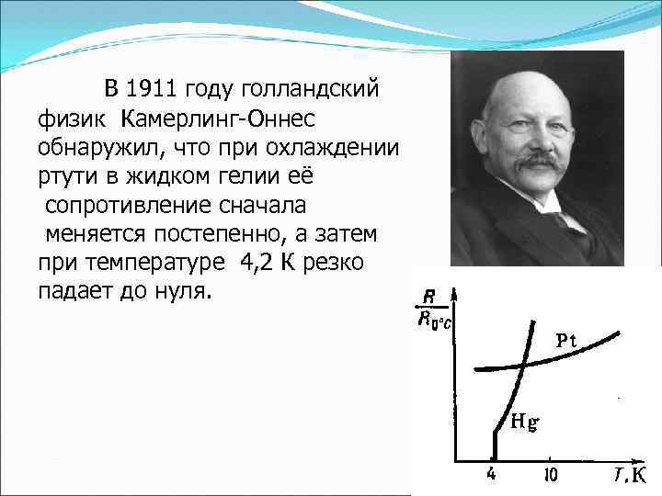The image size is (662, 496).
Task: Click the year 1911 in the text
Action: coord(154,89)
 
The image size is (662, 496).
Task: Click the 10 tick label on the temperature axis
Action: coord(550,475)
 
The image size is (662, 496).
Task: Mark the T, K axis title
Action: coord(632,475)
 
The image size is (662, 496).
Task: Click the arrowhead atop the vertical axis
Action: coord(453,292)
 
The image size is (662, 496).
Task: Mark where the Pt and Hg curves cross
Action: coord(522,365)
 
